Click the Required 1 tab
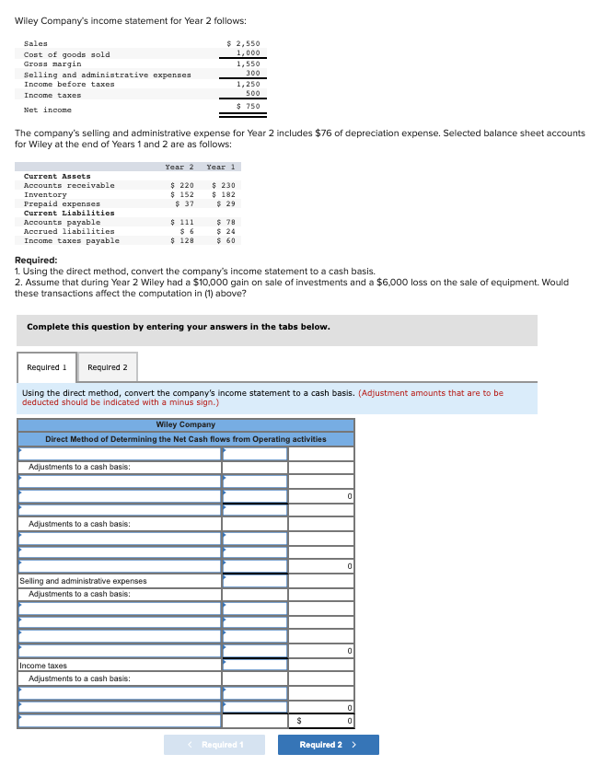coord(46,367)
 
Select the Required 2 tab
coord(108,367)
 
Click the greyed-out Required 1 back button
coord(214,745)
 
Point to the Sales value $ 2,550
coord(243,43)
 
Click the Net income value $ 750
coord(248,107)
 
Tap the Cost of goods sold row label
coord(66,54)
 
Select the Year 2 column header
coord(179,167)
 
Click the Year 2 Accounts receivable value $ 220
coord(182,185)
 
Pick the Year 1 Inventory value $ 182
coord(224,194)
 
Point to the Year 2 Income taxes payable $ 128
coord(182,240)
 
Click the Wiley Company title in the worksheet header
coord(185,424)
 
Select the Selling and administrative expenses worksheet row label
coord(83,581)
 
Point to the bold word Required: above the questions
coord(36,261)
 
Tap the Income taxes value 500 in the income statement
coord(252,93)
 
